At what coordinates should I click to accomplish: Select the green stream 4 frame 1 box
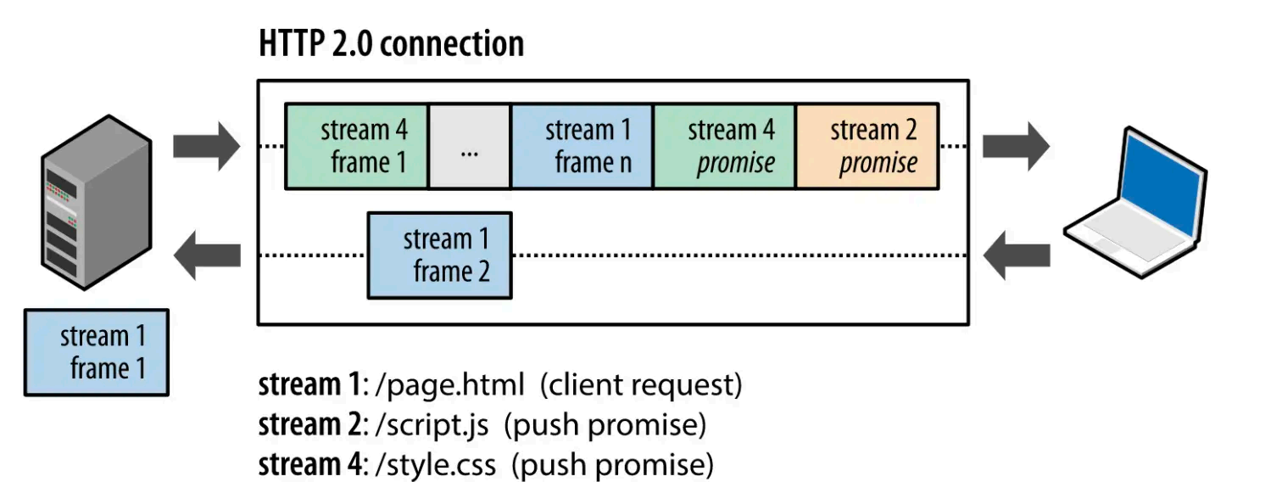point(356,146)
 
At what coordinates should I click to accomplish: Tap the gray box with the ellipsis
point(469,146)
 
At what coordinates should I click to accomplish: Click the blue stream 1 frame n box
point(582,146)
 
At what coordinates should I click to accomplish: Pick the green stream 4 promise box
point(724,146)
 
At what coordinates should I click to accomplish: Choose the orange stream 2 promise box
point(867,146)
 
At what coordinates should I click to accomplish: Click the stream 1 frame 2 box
point(439,255)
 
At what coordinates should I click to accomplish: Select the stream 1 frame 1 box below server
point(97,352)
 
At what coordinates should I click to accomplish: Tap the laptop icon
point(1136,208)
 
